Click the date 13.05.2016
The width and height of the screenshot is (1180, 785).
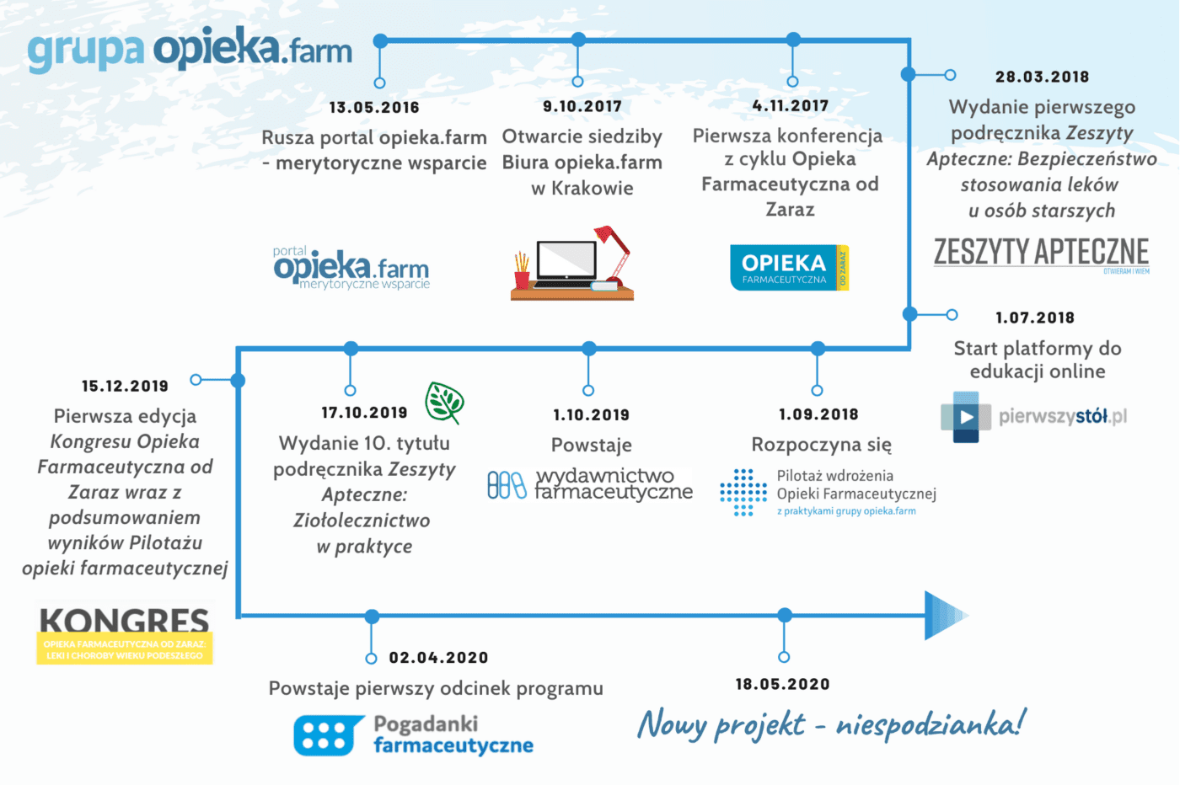click(x=374, y=108)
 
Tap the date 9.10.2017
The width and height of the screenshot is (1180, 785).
click(x=582, y=106)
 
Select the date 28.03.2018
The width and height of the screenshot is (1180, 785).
click(x=1042, y=77)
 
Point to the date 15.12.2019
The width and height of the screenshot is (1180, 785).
click(x=125, y=386)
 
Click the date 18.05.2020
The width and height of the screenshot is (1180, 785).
click(x=783, y=684)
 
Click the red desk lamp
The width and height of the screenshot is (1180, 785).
click(x=614, y=252)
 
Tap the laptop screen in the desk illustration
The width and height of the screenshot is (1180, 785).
click(x=566, y=260)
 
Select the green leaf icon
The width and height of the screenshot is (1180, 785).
click(x=445, y=403)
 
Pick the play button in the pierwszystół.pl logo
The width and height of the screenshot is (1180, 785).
click(x=966, y=417)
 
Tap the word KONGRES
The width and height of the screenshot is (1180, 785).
click(x=125, y=620)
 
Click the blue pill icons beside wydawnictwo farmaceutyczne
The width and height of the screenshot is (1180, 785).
click(x=507, y=484)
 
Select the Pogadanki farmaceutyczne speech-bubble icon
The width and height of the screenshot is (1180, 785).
click(x=328, y=735)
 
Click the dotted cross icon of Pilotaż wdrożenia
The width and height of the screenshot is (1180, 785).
click(x=743, y=492)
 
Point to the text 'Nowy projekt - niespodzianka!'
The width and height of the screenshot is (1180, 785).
click(x=831, y=724)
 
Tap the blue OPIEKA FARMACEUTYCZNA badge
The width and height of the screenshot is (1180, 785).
click(x=789, y=268)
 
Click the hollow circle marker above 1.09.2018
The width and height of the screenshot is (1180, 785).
click(x=817, y=391)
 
